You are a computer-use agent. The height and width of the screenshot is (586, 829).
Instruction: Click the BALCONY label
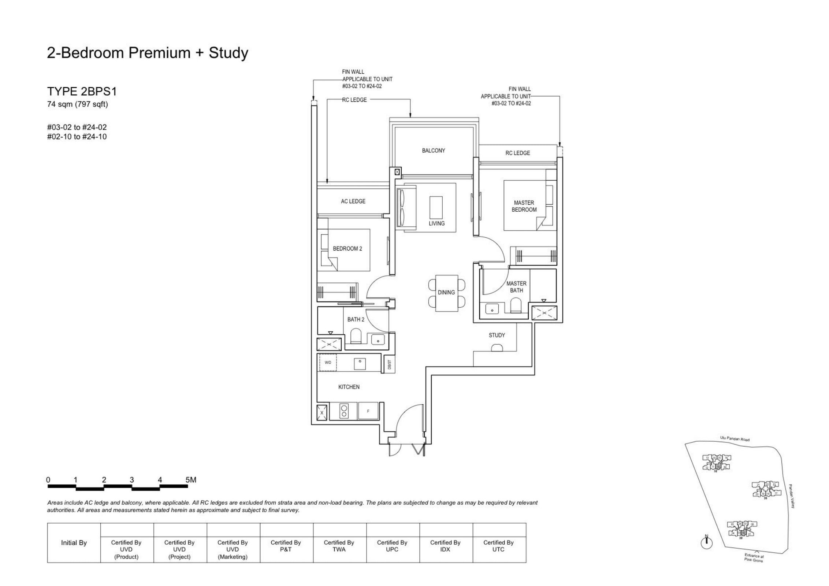tap(433, 151)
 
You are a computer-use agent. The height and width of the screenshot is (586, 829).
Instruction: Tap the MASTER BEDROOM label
tap(524, 206)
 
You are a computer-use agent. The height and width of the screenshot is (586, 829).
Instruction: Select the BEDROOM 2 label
tap(347, 249)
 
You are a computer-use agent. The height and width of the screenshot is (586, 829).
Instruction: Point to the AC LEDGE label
tap(353, 201)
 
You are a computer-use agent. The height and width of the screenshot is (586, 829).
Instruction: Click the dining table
tap(447, 293)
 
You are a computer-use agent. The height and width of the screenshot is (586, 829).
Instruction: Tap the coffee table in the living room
tap(436, 208)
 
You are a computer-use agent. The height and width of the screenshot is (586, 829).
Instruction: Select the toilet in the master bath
tap(516, 305)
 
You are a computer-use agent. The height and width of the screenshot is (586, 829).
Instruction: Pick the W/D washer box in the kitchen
tap(328, 363)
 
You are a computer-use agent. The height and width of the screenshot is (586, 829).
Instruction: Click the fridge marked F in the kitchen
tap(368, 411)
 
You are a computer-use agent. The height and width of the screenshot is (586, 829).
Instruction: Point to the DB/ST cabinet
tap(389, 364)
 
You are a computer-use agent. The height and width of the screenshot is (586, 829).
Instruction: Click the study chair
tap(497, 348)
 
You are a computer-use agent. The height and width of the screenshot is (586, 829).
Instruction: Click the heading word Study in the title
tap(228, 53)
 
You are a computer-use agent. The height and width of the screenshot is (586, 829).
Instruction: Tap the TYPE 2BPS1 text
tap(82, 91)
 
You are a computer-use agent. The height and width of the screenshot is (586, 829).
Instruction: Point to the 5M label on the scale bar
tap(191, 480)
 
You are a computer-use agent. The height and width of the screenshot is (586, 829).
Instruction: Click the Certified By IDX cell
tap(445, 546)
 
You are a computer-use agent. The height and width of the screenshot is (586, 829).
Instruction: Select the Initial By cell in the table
tap(74, 543)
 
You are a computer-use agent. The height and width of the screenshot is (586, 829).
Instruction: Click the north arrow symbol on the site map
tap(707, 542)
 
